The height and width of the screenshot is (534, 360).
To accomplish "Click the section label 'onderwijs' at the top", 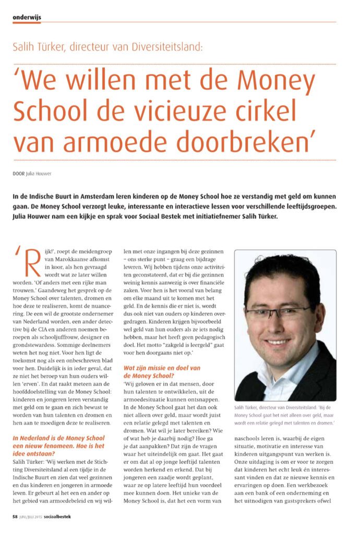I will click(27, 17).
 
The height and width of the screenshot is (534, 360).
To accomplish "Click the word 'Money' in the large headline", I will click(276, 81).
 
